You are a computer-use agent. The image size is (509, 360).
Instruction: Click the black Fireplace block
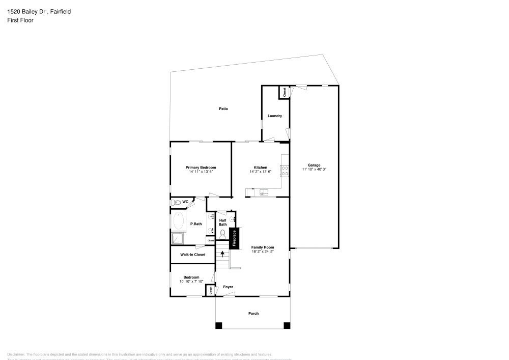[234, 239]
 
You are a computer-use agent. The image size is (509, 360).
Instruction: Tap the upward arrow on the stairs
[222, 253]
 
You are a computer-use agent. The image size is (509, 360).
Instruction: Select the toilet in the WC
[176, 203]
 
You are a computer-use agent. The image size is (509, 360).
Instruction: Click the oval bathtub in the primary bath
[178, 221]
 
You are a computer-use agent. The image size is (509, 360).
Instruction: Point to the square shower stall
[177, 238]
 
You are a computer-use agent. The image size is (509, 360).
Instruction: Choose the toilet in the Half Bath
[223, 234]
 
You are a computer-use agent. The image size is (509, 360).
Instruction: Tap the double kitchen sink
[264, 192]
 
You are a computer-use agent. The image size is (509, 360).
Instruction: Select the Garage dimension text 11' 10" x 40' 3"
[314, 169]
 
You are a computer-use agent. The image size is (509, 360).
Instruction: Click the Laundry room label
[275, 116]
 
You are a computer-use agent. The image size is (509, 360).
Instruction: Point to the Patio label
[223, 108]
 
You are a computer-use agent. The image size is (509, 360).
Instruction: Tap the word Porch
[253, 313]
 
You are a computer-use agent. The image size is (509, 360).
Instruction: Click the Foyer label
[228, 287]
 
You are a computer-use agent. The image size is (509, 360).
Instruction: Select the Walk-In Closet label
[193, 255]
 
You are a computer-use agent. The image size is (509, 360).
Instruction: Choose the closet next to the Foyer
[209, 290]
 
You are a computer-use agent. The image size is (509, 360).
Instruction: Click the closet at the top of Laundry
[284, 92]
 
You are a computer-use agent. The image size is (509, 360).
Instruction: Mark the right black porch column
[287, 325]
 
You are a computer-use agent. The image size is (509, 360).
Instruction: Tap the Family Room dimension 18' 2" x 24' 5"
[263, 252]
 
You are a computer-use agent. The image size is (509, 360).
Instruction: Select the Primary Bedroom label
[201, 168]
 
